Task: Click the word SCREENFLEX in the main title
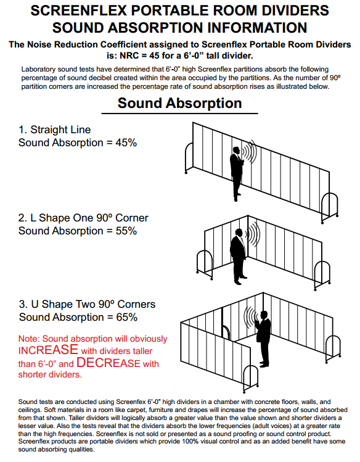pyautogui.click(x=78, y=10)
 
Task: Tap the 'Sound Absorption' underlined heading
pyautogui.click(x=179, y=103)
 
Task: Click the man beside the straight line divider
pyautogui.click(x=236, y=174)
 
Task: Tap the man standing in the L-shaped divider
pyautogui.click(x=239, y=257)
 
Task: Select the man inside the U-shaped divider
pyautogui.click(x=263, y=339)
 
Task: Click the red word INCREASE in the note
pyautogui.click(x=48, y=350)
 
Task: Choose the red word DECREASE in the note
pyautogui.click(x=108, y=363)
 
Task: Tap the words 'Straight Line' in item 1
pyautogui.click(x=60, y=130)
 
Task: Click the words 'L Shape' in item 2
pyautogui.click(x=47, y=218)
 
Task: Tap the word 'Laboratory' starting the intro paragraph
pyautogui.click(x=38, y=70)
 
